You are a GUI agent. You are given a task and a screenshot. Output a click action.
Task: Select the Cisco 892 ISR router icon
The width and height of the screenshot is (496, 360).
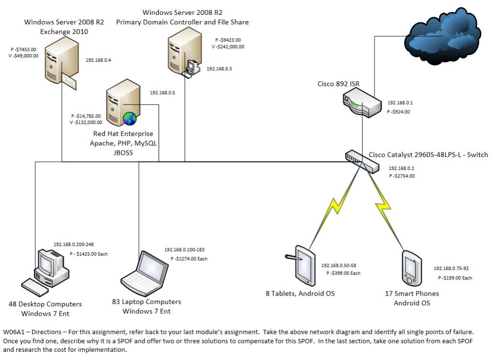[362, 105]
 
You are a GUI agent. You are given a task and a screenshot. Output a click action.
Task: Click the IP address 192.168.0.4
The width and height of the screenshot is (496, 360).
[98, 60]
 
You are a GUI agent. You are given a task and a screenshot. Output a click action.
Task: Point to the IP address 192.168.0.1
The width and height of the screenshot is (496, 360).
[399, 103]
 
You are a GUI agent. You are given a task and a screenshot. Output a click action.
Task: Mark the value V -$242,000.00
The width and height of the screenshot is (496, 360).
[228, 47]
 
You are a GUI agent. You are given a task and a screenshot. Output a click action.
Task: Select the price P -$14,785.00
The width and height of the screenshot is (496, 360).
[86, 116]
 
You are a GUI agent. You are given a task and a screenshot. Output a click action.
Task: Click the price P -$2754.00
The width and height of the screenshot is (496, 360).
[402, 176]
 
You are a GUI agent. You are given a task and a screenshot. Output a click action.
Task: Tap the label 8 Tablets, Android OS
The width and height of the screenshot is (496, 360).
[300, 294]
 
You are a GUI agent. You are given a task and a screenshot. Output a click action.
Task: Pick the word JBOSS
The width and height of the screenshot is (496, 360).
[123, 153]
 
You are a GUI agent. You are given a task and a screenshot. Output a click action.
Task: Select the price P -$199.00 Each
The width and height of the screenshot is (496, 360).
[455, 278]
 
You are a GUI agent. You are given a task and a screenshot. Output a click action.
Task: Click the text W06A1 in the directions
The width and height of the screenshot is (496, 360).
[13, 332]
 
